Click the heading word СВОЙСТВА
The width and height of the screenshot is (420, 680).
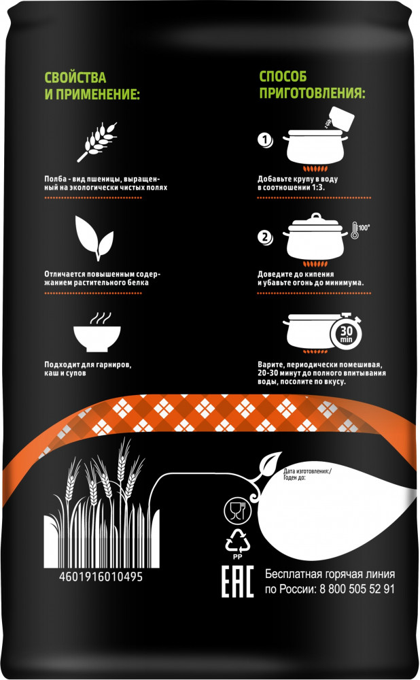pyautogui.click(x=75, y=78)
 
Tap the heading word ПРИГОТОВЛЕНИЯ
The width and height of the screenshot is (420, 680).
pyautogui.click(x=312, y=92)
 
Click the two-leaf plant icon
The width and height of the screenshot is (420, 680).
pyautogui.click(x=94, y=237)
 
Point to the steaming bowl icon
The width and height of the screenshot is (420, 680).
pyautogui.click(x=97, y=333)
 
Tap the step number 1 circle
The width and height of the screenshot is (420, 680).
pyautogui.click(x=265, y=141)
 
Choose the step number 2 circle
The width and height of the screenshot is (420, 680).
pyautogui.click(x=265, y=237)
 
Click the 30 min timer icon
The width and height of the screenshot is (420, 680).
pyautogui.click(x=346, y=333)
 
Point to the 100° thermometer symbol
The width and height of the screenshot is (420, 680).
pyautogui.click(x=360, y=230)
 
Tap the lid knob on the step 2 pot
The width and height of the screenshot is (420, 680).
pyautogui.click(x=316, y=216)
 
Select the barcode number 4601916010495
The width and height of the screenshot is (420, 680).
pyautogui.click(x=101, y=577)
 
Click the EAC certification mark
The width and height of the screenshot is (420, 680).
pyautogui.click(x=237, y=581)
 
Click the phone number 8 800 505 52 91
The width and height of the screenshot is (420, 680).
pyautogui.click(x=357, y=589)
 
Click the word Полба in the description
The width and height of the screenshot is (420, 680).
pyautogui.click(x=56, y=179)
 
